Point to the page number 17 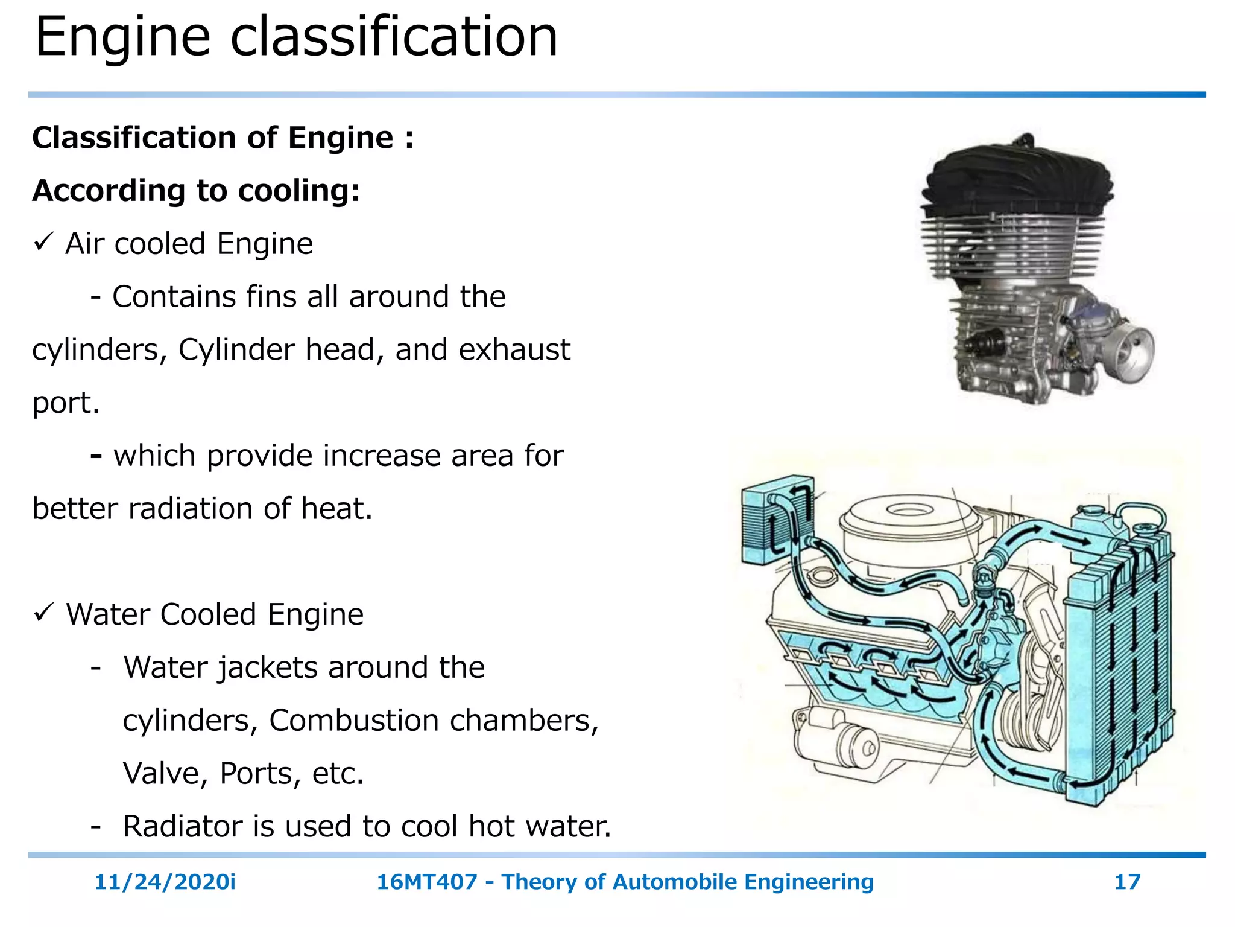(x=1127, y=882)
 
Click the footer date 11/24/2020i (x=165, y=882)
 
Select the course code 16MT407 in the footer (x=426, y=882)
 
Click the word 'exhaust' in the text (x=514, y=350)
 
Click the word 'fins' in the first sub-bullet (x=273, y=297)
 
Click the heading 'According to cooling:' (x=196, y=191)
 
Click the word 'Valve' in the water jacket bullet (x=165, y=773)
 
